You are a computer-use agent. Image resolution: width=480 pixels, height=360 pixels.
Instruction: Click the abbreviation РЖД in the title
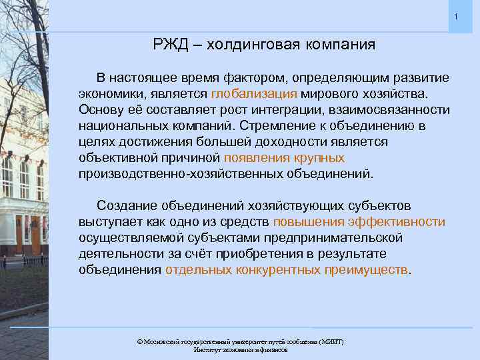pos(169,45)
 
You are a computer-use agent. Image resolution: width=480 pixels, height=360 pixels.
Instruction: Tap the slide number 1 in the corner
pos(455,16)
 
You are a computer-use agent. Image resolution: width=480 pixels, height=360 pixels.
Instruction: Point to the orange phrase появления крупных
pos(284,159)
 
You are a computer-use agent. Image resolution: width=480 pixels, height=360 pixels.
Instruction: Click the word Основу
pos(100,111)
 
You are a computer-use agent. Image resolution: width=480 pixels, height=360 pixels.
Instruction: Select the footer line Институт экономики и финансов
pos(240,349)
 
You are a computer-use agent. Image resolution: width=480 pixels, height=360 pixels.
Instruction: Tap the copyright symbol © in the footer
pos(139,341)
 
